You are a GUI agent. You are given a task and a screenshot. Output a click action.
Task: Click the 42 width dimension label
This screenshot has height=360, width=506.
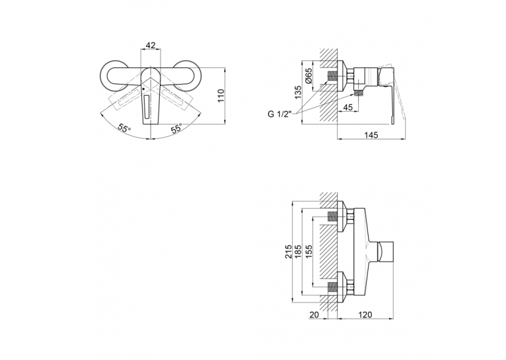point(151,45)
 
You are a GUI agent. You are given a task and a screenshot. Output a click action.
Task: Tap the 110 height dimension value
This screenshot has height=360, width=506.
point(221,96)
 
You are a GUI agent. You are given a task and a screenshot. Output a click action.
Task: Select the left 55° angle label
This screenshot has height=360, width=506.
point(125,128)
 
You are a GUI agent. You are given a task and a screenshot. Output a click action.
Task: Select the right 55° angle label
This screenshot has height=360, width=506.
point(176,128)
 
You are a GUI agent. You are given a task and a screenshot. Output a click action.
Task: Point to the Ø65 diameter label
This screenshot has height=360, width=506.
point(308,75)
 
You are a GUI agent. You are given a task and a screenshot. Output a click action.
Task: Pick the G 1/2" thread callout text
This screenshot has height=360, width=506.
point(279,114)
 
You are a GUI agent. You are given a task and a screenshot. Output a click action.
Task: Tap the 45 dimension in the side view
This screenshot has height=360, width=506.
point(347,108)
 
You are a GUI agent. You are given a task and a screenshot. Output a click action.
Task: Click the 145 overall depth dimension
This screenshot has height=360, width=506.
point(371,135)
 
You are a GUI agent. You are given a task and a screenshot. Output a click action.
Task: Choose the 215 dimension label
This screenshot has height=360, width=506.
point(289,252)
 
